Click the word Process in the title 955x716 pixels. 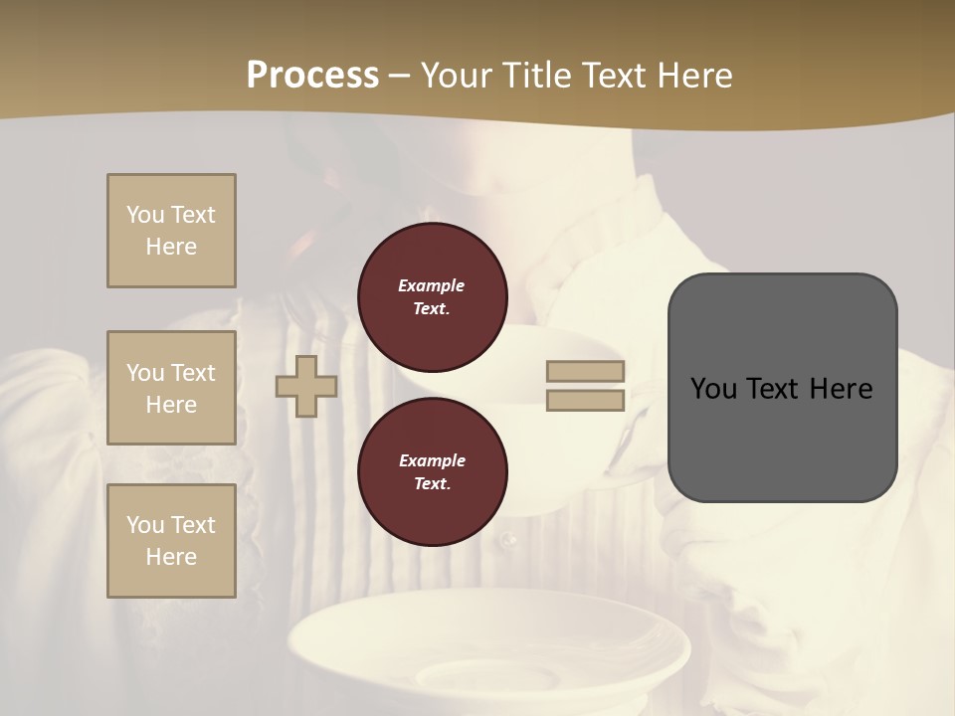(312, 76)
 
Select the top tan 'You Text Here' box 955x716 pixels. (171, 231)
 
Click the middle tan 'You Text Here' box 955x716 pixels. (171, 388)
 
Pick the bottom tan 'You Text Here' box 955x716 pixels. (171, 541)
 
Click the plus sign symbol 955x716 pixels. (306, 387)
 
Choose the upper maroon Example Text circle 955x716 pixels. (432, 297)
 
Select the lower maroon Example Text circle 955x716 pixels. (432, 472)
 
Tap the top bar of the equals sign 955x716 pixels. (586, 372)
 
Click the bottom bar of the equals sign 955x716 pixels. (586, 401)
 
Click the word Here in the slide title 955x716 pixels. (690, 76)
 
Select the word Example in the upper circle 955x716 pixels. (432, 285)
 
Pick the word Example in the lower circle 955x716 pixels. (432, 460)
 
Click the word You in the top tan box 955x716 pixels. (145, 215)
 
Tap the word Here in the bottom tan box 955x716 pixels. (171, 557)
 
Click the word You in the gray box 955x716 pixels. (713, 389)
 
